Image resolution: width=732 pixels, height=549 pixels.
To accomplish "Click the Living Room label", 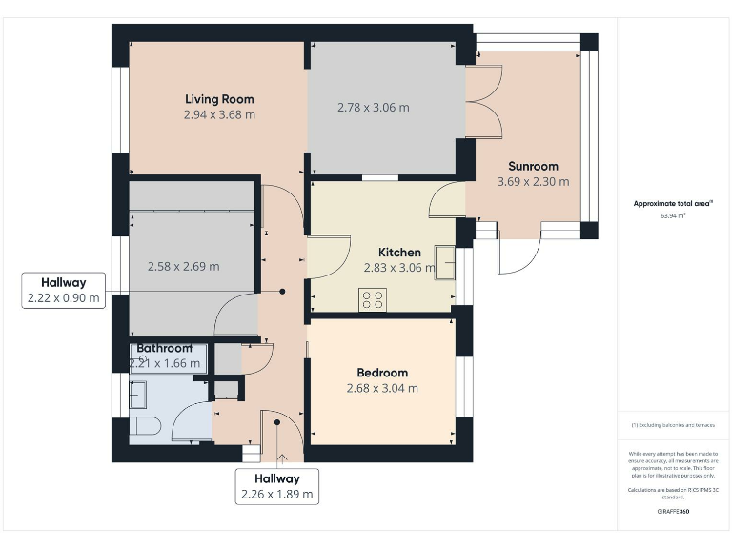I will (219, 99).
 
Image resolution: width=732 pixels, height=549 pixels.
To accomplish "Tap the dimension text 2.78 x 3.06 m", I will (374, 108).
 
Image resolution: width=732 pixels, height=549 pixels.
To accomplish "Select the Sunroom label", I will (533, 166).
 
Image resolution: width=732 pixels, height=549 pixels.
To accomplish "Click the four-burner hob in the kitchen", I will (372, 300).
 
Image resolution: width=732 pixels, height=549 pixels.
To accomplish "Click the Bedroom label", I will (382, 373).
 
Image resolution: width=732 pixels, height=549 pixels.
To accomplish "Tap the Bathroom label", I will (164, 348).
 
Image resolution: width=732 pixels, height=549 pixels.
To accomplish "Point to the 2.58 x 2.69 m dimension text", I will (183, 266).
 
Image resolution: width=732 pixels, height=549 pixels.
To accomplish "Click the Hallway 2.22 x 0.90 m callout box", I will (63, 291).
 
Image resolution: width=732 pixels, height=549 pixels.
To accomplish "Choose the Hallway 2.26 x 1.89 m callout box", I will (276, 486).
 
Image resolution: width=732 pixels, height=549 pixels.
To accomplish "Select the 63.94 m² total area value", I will (673, 216).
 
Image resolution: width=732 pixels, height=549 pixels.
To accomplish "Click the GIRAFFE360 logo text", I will (673, 512).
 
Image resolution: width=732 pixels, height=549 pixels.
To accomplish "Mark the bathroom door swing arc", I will (191, 419).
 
